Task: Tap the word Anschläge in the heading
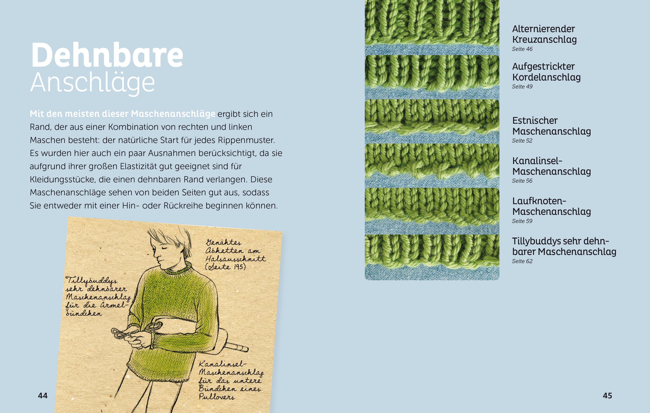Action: (x=92, y=82)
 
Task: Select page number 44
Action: (x=43, y=395)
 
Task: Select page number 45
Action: (x=607, y=395)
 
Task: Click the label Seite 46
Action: (x=522, y=49)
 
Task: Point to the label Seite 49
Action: (x=522, y=87)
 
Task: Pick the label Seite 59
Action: (x=522, y=221)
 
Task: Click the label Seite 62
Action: (x=522, y=261)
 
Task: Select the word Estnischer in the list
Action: (x=535, y=121)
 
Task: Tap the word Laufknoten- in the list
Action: (x=539, y=201)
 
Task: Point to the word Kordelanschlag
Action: (x=546, y=77)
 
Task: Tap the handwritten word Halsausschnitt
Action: (x=235, y=259)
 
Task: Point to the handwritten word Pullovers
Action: (x=216, y=396)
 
